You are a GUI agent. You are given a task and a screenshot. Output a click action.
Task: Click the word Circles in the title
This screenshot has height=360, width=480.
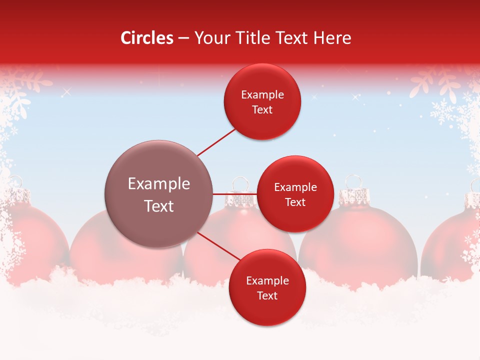[146, 38]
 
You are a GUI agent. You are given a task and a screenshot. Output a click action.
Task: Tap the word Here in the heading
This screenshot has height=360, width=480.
[333, 38]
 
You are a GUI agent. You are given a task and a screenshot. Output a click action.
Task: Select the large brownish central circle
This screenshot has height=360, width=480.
[158, 194]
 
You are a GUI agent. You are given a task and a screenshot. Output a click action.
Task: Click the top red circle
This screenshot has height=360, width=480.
[262, 101]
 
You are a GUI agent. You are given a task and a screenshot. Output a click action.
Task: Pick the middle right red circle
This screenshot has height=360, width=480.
[295, 194]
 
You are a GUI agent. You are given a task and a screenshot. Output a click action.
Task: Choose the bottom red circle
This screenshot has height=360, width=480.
[267, 287]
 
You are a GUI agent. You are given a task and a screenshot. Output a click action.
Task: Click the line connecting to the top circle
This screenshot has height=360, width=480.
[216, 142]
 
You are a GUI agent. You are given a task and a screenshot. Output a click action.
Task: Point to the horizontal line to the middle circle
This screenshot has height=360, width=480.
[235, 194]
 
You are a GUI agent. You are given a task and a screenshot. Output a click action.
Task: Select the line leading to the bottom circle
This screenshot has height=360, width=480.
[219, 246]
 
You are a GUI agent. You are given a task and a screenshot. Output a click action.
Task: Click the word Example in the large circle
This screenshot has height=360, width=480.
[158, 184]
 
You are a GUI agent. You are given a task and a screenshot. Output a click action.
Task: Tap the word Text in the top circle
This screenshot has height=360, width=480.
[262, 110]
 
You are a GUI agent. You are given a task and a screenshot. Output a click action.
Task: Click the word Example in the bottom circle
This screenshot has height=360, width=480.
[267, 280]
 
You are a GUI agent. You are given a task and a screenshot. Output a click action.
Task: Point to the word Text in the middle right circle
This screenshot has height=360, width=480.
[295, 202]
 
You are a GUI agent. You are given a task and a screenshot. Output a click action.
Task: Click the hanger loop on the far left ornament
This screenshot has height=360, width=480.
[15, 181]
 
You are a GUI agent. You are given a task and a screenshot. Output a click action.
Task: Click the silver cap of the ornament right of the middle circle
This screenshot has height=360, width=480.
[353, 197]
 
